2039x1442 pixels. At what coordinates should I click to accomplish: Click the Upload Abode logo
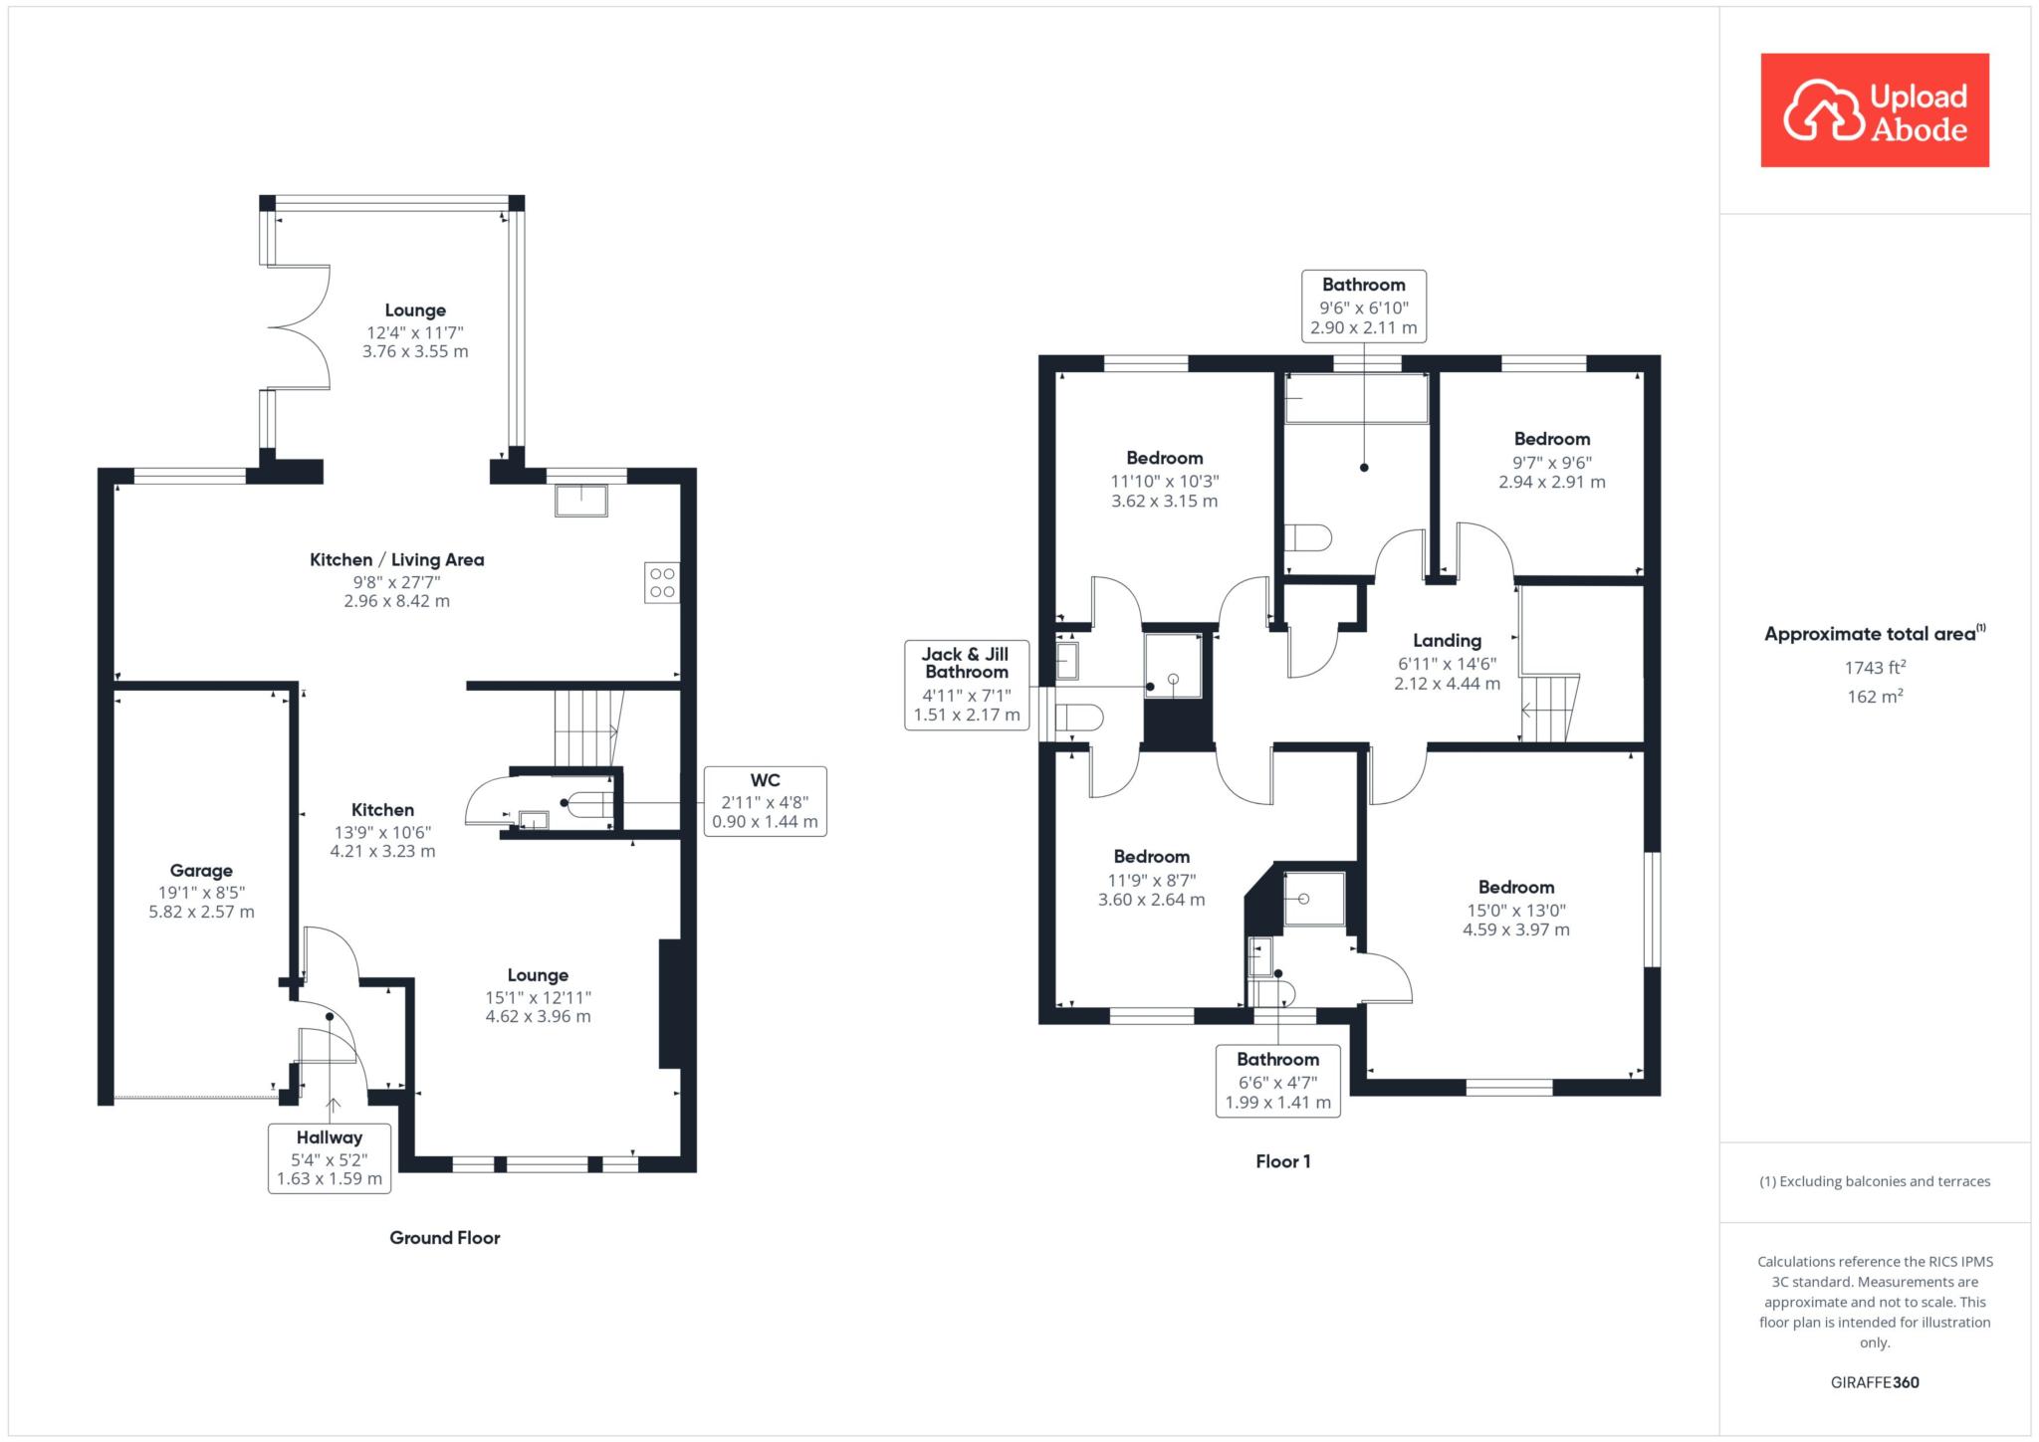pos(1875,109)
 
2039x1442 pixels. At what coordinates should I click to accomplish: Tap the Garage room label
pos(201,871)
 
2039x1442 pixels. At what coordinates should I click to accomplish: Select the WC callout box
pos(765,801)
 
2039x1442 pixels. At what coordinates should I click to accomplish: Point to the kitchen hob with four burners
pos(662,582)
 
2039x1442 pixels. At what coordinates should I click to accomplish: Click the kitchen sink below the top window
pos(580,501)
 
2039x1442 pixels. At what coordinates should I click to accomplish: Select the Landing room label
pos(1447,641)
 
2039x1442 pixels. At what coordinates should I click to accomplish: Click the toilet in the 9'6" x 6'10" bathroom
pos(1308,538)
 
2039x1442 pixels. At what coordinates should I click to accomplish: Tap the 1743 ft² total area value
pos(1875,668)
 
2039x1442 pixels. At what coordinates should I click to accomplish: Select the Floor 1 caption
pos(1283,1161)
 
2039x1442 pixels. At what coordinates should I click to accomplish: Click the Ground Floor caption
pos(445,1238)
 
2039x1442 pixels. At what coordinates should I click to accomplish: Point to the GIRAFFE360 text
pos(1875,1382)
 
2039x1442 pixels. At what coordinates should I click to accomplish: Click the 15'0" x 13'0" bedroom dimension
pos(1515,910)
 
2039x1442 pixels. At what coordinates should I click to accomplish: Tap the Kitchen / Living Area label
pos(397,560)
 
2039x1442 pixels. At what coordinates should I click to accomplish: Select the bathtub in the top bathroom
pos(1356,399)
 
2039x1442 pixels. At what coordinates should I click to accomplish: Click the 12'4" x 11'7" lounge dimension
pos(415,332)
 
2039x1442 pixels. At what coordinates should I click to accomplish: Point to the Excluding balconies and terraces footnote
pos(1875,1181)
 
